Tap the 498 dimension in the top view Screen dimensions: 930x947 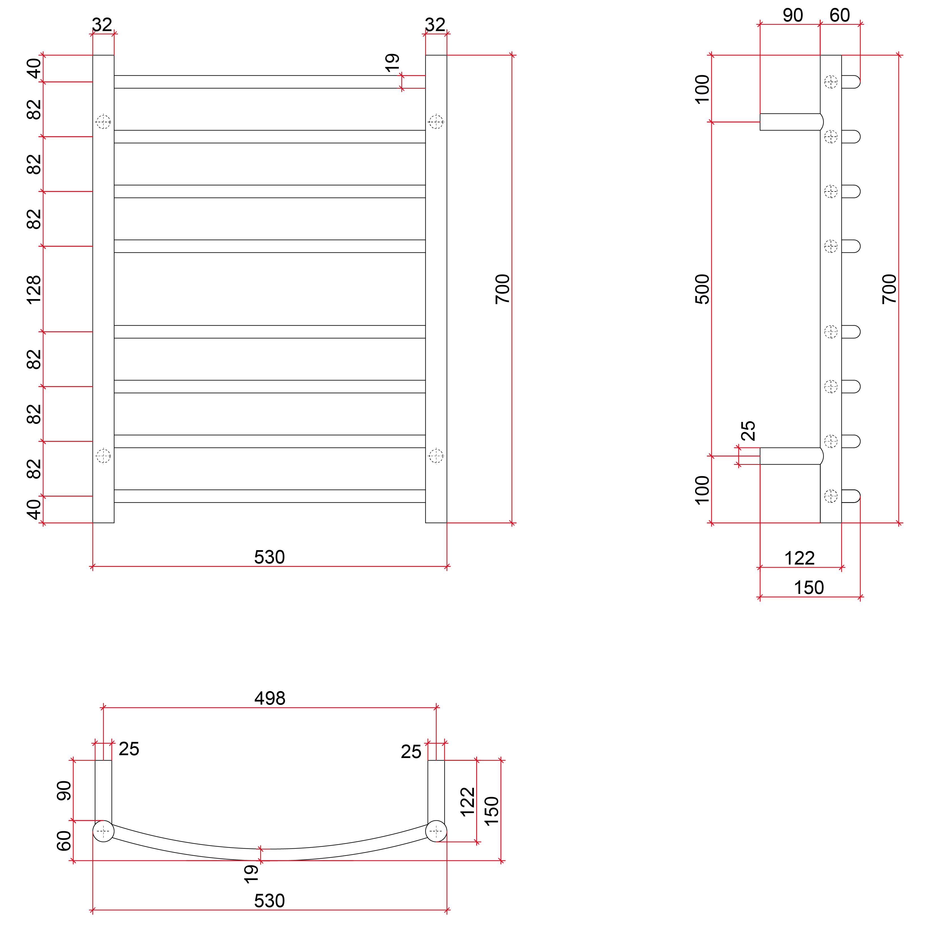(270, 698)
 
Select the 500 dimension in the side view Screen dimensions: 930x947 (702, 289)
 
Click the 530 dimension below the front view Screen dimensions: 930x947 (269, 557)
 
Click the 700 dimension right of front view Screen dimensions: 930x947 (502, 289)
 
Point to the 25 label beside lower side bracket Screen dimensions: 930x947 (748, 430)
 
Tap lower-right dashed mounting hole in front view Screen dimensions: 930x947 (436, 456)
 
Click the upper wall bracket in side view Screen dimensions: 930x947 (790, 122)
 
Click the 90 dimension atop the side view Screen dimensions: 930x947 (793, 16)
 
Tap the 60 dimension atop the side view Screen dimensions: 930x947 (840, 16)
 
